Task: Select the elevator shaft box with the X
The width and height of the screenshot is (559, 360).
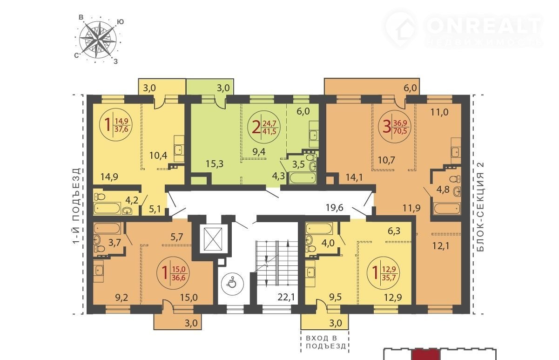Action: click(213, 239)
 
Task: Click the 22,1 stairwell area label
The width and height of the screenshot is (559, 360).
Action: click(286, 297)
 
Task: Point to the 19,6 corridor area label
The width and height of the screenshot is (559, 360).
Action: click(335, 207)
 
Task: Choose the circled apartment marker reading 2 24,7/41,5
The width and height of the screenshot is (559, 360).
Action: click(264, 127)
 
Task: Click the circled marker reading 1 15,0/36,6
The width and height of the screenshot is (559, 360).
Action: click(173, 273)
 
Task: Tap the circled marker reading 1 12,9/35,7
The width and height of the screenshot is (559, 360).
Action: click(383, 273)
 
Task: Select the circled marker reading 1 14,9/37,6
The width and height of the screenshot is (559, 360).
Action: click(116, 124)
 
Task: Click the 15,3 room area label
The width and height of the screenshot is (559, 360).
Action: click(215, 164)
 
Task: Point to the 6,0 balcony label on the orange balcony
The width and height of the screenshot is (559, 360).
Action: click(411, 88)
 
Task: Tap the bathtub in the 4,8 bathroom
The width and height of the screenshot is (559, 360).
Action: click(447, 209)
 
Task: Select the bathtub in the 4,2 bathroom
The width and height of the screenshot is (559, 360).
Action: click(107, 208)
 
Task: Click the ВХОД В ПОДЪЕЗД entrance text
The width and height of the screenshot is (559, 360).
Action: click(326, 342)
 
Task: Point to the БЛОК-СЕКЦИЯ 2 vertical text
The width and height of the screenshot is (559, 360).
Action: click(480, 207)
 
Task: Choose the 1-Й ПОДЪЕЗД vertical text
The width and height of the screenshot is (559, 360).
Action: click(77, 206)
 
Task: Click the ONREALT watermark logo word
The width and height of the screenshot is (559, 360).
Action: click(484, 26)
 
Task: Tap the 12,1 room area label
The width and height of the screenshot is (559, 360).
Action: click(441, 246)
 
